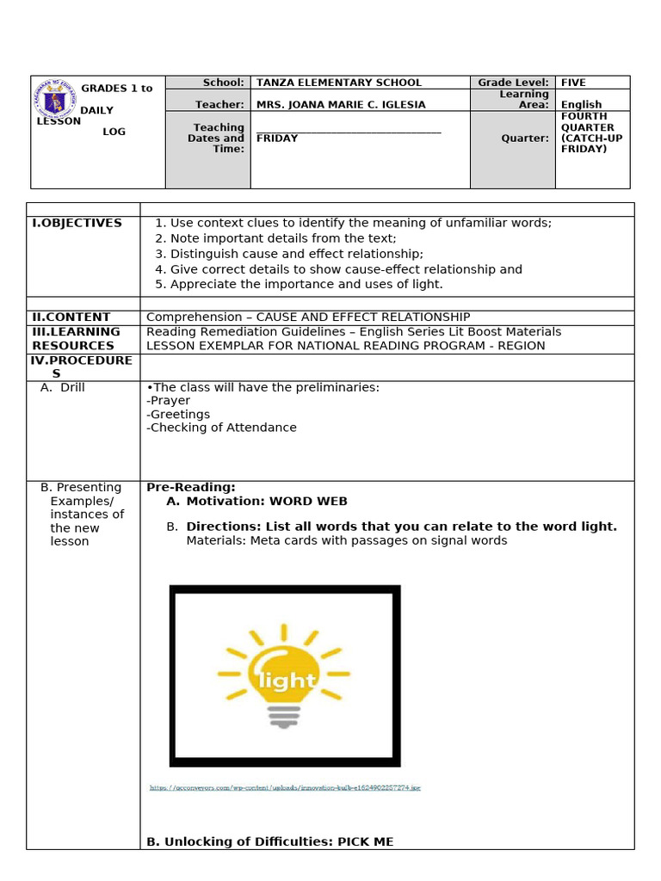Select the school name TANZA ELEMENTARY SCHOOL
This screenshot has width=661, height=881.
pos(339,83)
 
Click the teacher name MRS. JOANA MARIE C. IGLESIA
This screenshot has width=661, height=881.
pos(341,105)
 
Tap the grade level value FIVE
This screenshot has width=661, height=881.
pos(573,83)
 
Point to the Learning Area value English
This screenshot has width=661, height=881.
pos(581,105)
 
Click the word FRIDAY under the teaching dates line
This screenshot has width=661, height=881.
pos(277,138)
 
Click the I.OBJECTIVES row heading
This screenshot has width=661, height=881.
pos(77,223)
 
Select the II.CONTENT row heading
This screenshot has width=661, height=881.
pos(71,317)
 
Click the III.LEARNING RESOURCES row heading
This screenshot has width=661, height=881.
pos(77,338)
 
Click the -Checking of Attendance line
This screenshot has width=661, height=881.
pos(221,428)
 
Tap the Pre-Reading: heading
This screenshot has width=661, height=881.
pos(191,487)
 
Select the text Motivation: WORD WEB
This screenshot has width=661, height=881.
pos(267,501)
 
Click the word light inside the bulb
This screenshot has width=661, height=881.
pos(286,681)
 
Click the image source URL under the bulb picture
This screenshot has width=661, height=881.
pos(285,787)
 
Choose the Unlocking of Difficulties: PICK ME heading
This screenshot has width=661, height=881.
pos(269,842)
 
